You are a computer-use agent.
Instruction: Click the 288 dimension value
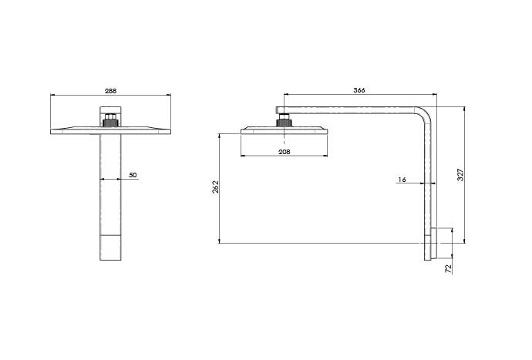[110, 91]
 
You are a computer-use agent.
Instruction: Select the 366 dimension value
[359, 90]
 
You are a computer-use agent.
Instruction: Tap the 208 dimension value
[285, 152]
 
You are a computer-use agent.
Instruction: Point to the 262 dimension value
[216, 187]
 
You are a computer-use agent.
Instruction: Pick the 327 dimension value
[460, 174]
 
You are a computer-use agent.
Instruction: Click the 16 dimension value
[402, 180]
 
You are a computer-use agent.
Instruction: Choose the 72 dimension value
[449, 269]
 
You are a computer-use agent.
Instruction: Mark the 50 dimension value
[133, 175]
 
